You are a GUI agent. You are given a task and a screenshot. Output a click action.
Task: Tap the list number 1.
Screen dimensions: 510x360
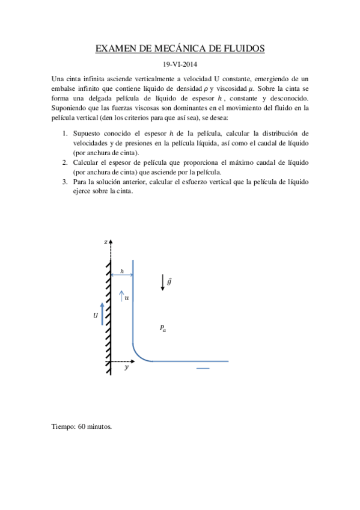click(66, 133)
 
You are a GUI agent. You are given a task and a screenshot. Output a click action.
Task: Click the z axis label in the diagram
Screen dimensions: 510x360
click(105, 242)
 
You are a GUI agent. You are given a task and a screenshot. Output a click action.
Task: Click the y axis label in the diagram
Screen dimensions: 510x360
click(126, 367)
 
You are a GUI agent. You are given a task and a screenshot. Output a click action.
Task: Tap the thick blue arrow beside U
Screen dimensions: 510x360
click(103, 313)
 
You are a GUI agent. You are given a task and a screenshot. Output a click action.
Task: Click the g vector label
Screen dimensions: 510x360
click(169, 280)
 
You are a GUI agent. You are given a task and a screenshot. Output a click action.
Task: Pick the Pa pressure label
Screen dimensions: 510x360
click(163, 328)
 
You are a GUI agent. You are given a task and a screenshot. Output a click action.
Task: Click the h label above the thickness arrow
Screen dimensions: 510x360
click(122, 271)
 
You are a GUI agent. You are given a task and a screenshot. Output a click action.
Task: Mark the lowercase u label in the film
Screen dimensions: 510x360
click(126, 297)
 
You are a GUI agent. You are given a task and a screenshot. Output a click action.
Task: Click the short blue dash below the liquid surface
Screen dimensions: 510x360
click(203, 368)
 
